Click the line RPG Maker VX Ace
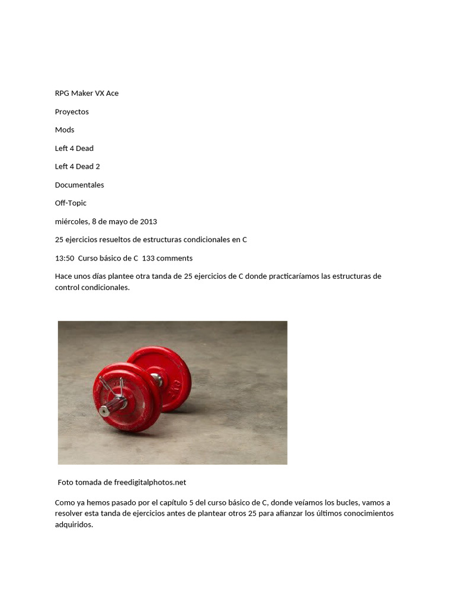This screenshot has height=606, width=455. (86, 94)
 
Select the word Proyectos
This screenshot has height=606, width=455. (72, 112)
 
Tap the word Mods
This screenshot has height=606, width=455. (65, 130)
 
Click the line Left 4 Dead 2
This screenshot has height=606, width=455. (77, 167)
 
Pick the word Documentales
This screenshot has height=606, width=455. (79, 185)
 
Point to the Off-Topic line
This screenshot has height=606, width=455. (71, 203)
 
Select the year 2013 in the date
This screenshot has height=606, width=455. (148, 222)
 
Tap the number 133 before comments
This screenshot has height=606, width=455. (149, 259)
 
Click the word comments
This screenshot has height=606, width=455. (175, 259)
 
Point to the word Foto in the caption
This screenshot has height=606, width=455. (66, 482)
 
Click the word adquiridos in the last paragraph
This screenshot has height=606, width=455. (74, 524)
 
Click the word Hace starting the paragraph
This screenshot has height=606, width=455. (64, 276)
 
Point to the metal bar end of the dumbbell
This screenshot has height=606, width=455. (104, 411)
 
